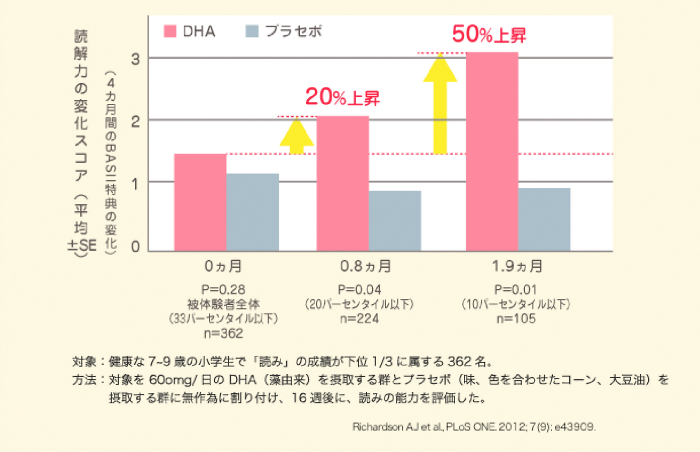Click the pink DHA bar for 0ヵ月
coord(200,202)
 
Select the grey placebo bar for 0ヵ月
coord(253,212)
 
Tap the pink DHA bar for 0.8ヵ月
coord(343,183)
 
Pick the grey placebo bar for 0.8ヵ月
coord(395,221)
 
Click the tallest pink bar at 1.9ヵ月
coord(492,151)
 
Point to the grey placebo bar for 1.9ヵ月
coord(544,219)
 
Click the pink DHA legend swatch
coord(170,31)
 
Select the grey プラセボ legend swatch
coord(252,31)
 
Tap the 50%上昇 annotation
coord(489,34)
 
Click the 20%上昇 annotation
coord(342,97)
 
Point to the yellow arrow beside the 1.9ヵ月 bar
coord(440,103)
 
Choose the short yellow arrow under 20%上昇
coord(297,135)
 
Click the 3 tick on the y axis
coord(135,59)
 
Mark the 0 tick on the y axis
coord(135,247)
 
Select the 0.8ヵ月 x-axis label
coord(365,266)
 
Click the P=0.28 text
coord(223,289)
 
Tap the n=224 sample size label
coord(359,319)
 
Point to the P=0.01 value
coord(516,289)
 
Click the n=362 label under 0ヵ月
coord(223,333)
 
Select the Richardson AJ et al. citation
coord(474,426)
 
